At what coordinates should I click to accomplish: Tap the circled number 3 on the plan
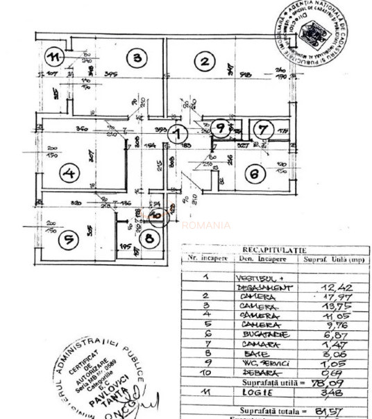click(137, 58)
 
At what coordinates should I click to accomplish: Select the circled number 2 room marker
click(204, 62)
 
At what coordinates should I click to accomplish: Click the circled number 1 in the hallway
click(179, 132)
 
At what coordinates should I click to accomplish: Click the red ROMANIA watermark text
click(206, 225)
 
